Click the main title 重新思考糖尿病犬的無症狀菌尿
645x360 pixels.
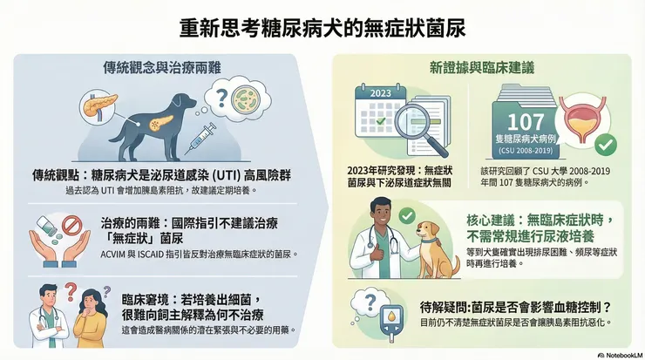point(322,28)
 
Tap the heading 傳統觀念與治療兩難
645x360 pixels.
point(161,67)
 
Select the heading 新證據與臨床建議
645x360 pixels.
point(482,67)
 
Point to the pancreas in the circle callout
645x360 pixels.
point(100,105)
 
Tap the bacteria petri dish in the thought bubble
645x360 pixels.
point(246,99)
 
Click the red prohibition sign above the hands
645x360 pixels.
point(72,227)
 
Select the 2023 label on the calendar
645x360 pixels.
point(381,93)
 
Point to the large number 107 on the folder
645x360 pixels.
point(526,122)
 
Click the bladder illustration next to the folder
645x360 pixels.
point(581,119)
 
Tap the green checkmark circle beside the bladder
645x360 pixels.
point(606,145)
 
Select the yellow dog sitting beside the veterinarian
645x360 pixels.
point(435,250)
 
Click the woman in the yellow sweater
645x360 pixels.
point(91,317)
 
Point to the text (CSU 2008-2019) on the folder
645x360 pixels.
point(526,151)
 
